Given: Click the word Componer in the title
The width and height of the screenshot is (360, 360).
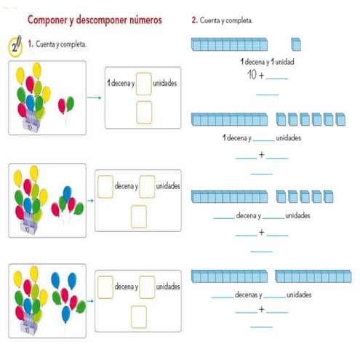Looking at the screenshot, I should (x=52, y=20).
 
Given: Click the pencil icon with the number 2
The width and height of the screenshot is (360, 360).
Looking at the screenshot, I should (x=15, y=45).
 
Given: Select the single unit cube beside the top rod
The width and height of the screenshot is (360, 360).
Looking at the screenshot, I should (x=296, y=45).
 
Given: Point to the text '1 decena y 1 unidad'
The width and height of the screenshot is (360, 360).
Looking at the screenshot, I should (x=267, y=62).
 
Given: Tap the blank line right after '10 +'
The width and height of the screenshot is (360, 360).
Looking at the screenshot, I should (x=278, y=78).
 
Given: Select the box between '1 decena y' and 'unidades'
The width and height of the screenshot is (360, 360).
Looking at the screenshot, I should (x=144, y=82).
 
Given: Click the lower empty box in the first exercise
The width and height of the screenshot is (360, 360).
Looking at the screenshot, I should (x=144, y=112).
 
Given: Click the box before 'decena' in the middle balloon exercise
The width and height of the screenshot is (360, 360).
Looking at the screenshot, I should (x=105, y=186).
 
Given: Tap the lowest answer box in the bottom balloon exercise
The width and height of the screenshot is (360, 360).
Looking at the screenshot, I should (x=138, y=316).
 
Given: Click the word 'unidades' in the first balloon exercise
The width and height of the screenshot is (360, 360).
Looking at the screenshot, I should (x=166, y=82).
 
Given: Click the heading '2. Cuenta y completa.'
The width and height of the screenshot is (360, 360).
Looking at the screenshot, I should (x=222, y=20).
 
